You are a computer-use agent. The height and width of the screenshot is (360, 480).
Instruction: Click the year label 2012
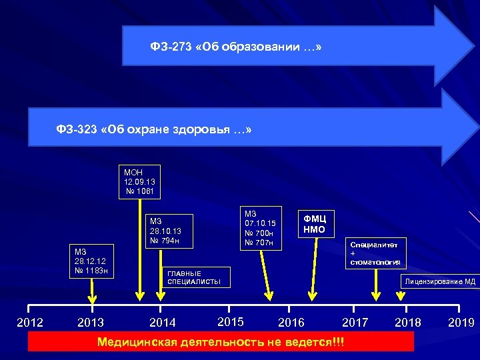point(29,323)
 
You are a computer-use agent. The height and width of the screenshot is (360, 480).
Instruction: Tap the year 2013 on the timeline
point(91,323)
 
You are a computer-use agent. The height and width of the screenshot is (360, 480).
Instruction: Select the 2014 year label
point(163,323)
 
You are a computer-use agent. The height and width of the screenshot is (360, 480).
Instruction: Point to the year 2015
point(231,322)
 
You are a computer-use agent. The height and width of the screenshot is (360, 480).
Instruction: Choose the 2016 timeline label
point(291,323)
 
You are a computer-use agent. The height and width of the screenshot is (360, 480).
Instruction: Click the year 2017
point(355,323)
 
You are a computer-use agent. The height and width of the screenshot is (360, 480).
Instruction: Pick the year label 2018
point(408,323)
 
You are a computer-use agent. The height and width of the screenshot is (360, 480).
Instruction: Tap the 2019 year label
point(461,323)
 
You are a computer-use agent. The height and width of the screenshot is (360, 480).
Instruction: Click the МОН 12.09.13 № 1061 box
point(139,182)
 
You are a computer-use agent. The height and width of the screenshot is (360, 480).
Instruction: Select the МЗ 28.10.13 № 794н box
point(169,231)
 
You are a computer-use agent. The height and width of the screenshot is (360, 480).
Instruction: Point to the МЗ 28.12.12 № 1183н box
point(94,261)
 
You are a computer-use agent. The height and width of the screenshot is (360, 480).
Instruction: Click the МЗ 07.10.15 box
point(260,227)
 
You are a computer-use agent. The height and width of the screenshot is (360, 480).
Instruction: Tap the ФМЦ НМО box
point(315,224)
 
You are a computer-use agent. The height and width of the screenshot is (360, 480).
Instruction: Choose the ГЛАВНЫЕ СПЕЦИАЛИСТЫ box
point(197,277)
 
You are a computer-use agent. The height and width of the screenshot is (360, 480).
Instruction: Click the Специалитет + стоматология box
point(374,253)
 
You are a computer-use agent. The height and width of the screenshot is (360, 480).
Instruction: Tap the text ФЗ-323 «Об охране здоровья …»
point(154,129)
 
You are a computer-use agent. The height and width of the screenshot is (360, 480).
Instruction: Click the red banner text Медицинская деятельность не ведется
point(221,342)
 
